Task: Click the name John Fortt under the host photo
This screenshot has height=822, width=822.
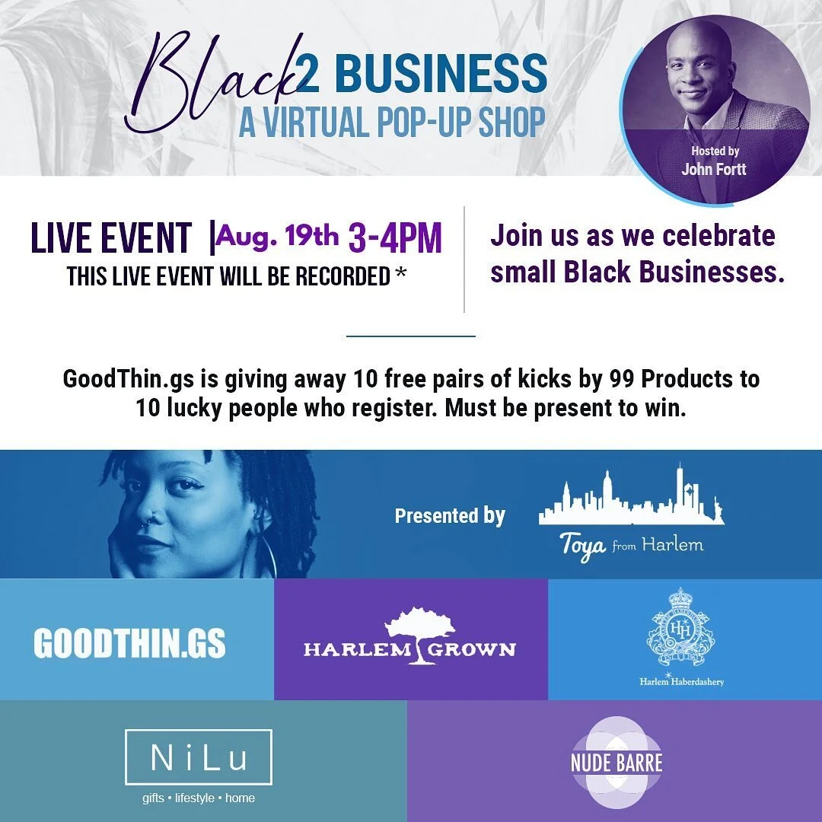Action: tap(715, 169)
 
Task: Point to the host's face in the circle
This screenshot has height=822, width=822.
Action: tap(697, 72)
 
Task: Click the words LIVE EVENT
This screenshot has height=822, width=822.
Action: tap(111, 238)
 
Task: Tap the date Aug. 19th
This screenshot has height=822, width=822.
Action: tap(278, 237)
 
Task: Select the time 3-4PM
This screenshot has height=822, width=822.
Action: tap(395, 238)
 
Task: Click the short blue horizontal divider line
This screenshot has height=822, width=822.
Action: tap(410, 336)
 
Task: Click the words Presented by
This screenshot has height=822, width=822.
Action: tap(450, 516)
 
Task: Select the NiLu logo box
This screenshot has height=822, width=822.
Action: tap(198, 757)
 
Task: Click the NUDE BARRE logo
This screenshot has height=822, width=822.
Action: tap(616, 762)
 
